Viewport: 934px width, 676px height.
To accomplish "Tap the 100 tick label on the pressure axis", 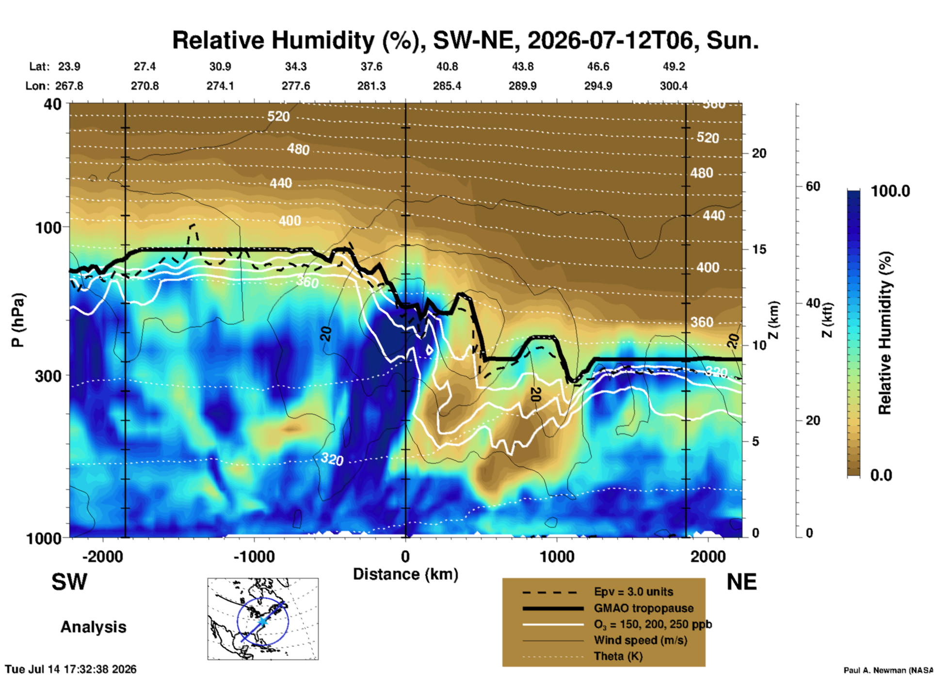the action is coord(49,227).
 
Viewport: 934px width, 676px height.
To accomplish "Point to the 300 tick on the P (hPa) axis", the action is coord(49,376).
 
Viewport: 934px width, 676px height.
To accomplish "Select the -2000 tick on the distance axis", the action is coord(103,556).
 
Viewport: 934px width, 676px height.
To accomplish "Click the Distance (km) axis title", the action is coord(405,574).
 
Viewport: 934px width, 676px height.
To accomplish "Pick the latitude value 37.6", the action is coord(371,66).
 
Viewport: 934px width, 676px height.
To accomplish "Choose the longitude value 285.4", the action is coord(447,86).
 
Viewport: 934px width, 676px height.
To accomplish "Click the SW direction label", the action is coord(69,582).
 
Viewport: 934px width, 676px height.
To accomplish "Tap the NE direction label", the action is coord(741,582).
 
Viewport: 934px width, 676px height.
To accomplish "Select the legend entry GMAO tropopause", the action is coord(644,608).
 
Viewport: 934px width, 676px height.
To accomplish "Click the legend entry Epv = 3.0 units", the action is coord(633,592).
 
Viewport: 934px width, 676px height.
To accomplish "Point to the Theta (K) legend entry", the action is coord(618,657).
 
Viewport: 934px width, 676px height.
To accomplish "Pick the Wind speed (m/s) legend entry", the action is coord(641,641).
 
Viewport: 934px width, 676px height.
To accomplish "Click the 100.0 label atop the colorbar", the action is coord(890,191).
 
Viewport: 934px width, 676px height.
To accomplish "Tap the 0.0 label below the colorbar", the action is coord(881,475).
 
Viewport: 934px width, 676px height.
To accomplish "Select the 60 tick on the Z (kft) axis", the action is coord(813,186).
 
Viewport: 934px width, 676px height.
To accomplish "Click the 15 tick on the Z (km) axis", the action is coord(759,249).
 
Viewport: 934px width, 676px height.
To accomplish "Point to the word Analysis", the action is coord(93,627).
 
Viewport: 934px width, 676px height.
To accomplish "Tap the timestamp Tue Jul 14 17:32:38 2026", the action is coord(71,669).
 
